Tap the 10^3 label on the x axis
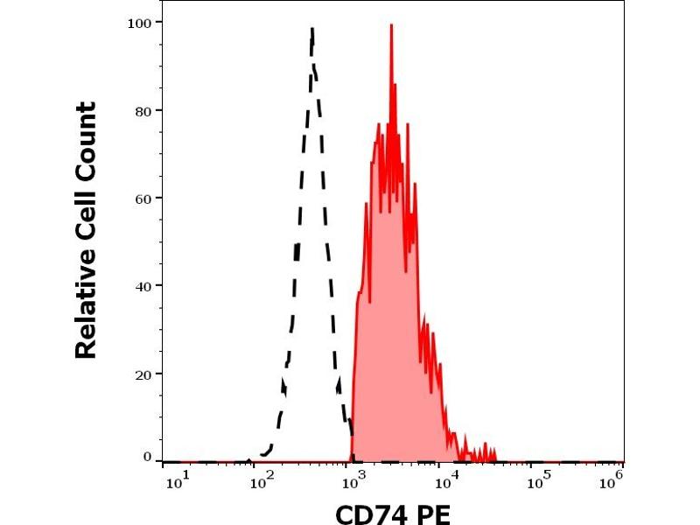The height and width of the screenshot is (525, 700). (352, 478)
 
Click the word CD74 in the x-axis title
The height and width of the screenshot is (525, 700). (368, 514)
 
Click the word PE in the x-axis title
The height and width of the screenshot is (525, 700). (432, 514)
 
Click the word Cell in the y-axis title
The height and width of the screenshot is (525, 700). (86, 214)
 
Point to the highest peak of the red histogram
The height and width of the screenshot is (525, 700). (391, 26)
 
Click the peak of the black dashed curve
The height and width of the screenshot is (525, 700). (311, 31)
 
